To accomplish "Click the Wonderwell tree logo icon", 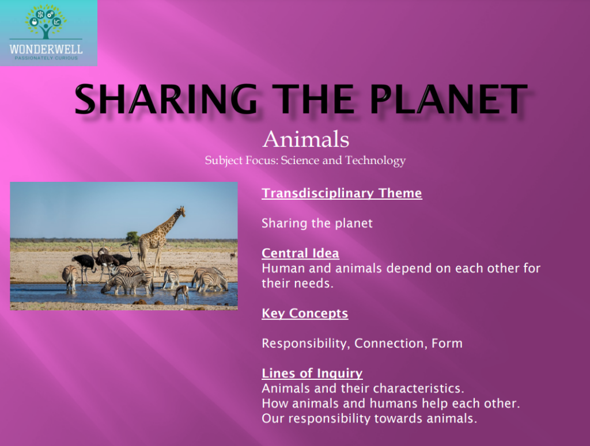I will pyautogui.click(x=46, y=22).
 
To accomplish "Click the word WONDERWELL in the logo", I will pyautogui.click(x=46, y=49).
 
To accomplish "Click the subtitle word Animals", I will pyautogui.click(x=305, y=139).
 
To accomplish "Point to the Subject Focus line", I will pyautogui.click(x=305, y=161).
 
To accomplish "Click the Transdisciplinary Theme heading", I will pyautogui.click(x=342, y=193).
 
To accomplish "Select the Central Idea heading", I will pyautogui.click(x=300, y=253).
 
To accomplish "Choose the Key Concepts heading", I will pyautogui.click(x=305, y=314).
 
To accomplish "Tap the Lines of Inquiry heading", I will pyautogui.click(x=312, y=373).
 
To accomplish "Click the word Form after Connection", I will pyautogui.click(x=447, y=344).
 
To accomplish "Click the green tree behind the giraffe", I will pyautogui.click(x=133, y=237).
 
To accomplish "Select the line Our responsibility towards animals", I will pyautogui.click(x=369, y=418).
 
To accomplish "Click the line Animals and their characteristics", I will pyautogui.click(x=362, y=388).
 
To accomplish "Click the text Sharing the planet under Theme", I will pyautogui.click(x=317, y=223).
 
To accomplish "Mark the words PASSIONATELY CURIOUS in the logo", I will pyautogui.click(x=46, y=58).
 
